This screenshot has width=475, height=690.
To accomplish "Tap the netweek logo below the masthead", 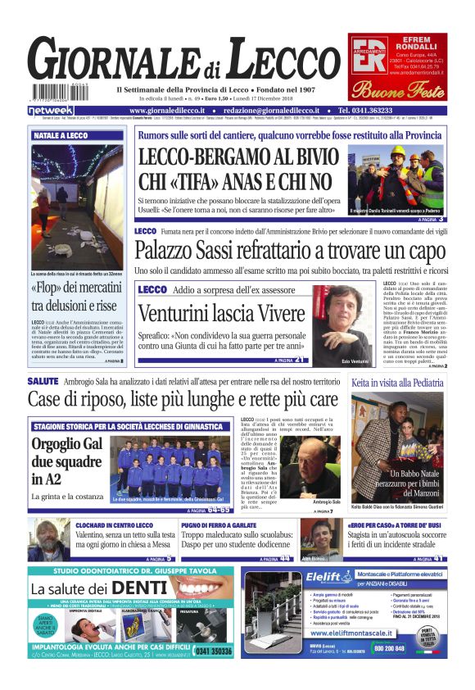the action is [x=51, y=110].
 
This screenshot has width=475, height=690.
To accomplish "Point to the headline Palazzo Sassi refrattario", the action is [x=290, y=251].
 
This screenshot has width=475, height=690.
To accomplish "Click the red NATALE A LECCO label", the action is [x=61, y=136].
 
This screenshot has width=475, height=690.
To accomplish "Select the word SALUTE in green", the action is [x=43, y=382].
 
